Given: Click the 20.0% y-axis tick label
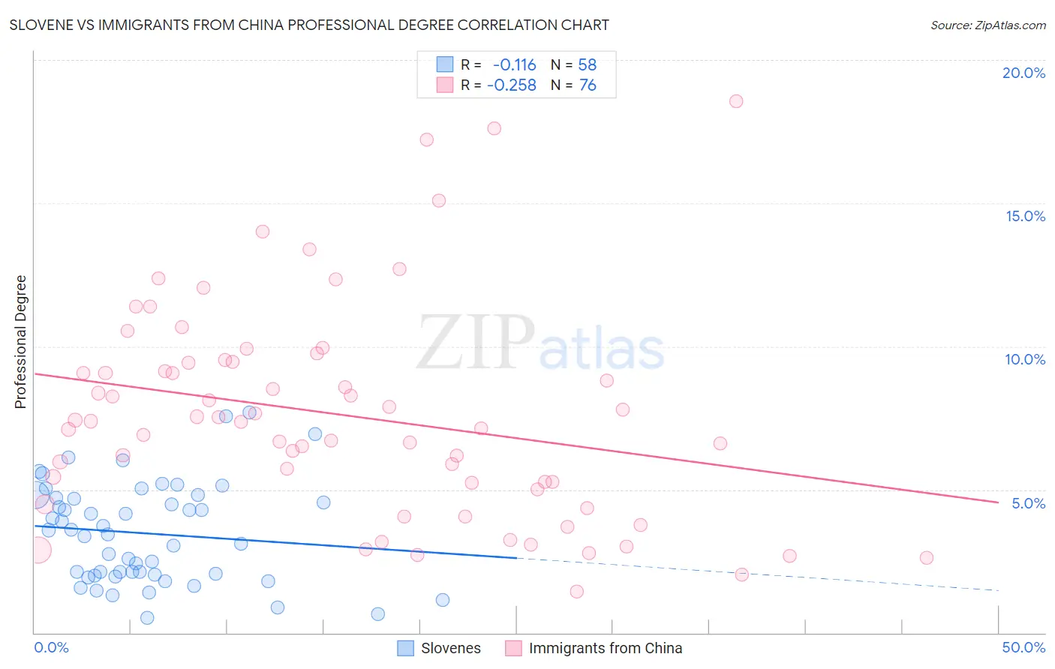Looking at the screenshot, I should [1023, 73].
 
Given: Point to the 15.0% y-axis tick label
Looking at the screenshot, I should [1025, 216].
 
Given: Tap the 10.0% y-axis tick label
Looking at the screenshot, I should [1025, 359].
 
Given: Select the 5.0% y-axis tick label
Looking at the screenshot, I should [1028, 503].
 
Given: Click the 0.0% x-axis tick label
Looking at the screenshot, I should [51, 647].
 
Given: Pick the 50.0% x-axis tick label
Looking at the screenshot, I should [1023, 647].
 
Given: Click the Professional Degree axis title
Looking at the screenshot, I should [20, 342].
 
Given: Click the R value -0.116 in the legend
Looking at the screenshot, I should [514, 64].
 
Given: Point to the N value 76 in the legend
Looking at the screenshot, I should [588, 85].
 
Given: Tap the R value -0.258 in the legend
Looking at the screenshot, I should [511, 85].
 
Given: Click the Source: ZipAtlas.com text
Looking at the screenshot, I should [987, 25].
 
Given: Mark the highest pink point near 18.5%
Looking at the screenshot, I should [736, 101].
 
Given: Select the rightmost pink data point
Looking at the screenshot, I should [926, 557].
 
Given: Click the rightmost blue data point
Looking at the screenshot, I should [443, 600].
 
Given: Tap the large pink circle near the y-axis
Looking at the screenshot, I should [38, 550].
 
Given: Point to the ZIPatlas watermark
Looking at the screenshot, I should [540, 343].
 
